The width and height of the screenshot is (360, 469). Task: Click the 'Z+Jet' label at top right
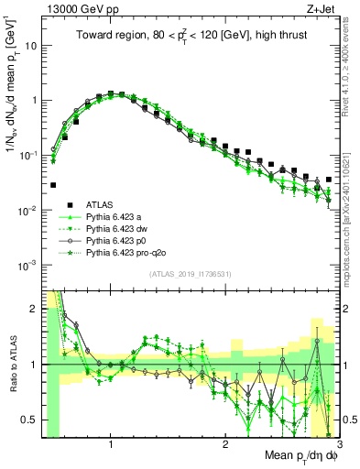pos(322,10)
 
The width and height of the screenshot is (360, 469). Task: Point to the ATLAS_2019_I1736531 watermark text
pos(190,274)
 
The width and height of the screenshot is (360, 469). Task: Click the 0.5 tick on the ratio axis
pos(30,420)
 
